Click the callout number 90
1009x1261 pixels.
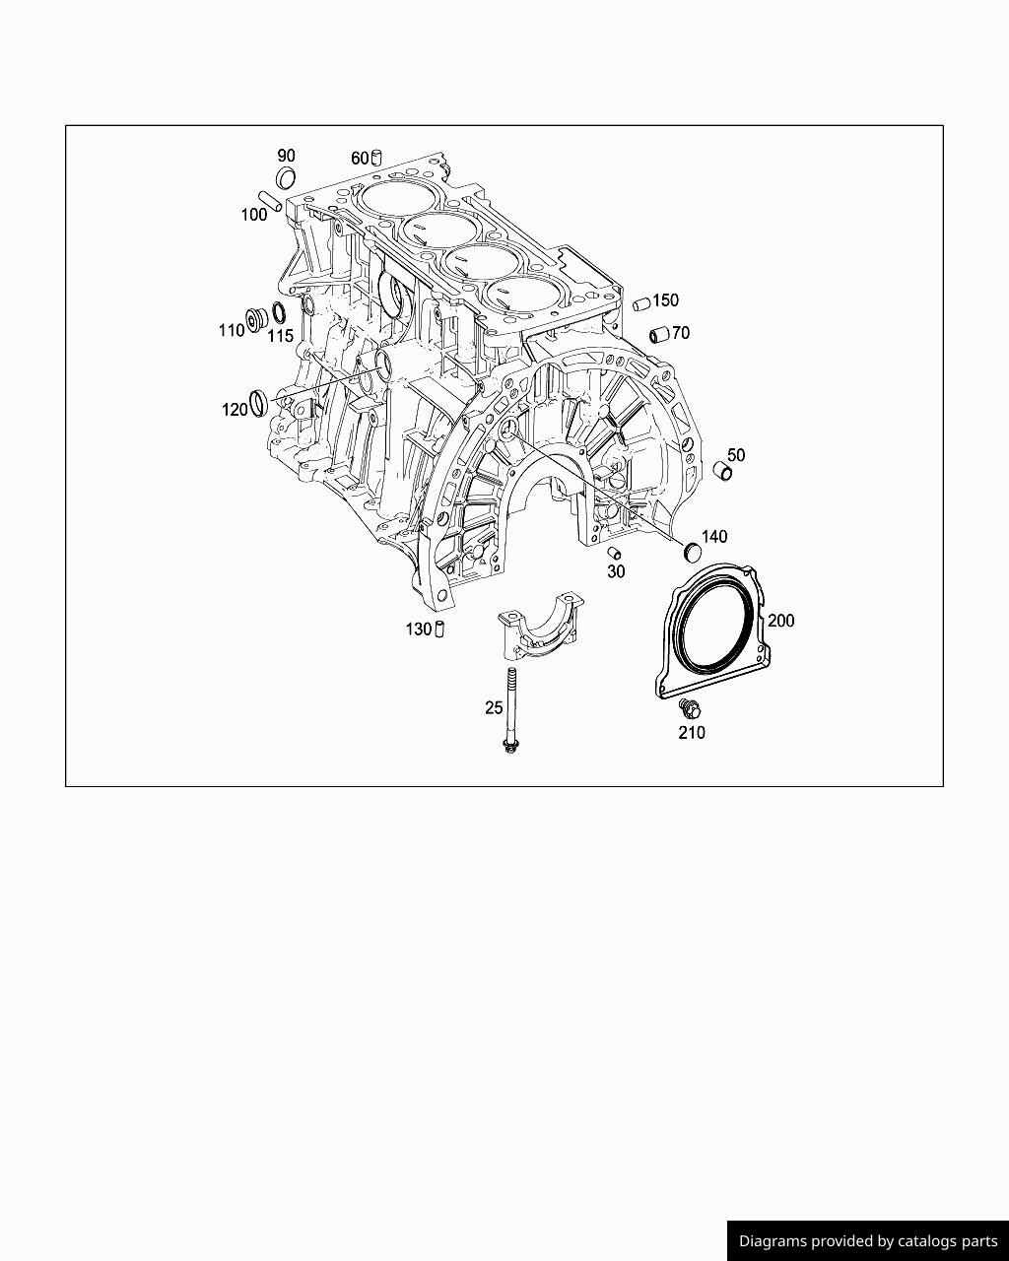(x=286, y=156)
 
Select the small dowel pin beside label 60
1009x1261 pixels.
(x=376, y=158)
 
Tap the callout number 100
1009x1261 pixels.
(x=254, y=215)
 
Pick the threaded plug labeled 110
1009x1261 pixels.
(x=258, y=319)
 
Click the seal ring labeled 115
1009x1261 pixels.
(x=279, y=314)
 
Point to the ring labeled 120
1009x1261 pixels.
(x=259, y=402)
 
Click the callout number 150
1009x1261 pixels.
(x=665, y=300)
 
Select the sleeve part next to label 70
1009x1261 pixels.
(x=659, y=335)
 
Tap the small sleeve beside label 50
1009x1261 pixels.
(x=723, y=472)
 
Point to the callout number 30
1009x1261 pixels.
(x=616, y=571)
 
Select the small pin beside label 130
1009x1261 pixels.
(x=440, y=629)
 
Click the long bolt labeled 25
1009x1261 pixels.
(x=511, y=709)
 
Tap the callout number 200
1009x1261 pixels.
(x=780, y=621)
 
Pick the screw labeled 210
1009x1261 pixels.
(x=689, y=707)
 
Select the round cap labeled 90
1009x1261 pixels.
(x=286, y=178)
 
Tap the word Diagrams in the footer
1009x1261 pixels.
(x=773, y=1241)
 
